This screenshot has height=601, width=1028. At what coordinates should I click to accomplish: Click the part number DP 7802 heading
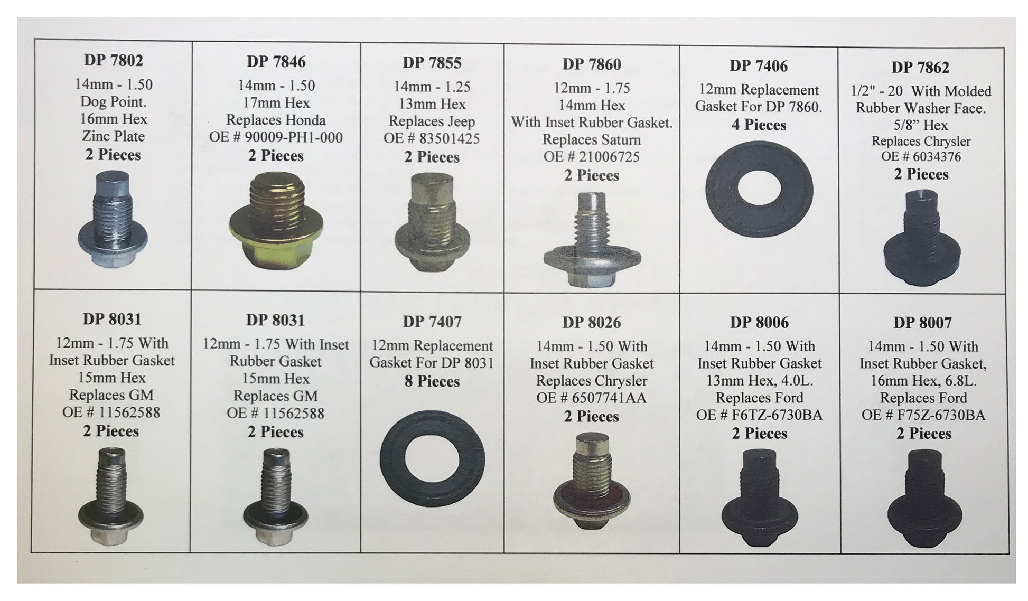(113, 60)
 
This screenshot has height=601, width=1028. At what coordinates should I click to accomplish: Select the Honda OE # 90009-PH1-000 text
(276, 138)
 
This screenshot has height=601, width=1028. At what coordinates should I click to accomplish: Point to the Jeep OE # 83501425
(432, 139)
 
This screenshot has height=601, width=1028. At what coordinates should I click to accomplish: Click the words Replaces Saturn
(591, 140)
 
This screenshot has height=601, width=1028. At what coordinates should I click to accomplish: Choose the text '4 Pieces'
(759, 125)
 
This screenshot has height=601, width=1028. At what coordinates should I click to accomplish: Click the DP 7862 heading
(920, 68)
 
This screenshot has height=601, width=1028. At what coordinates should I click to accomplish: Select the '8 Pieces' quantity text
(432, 381)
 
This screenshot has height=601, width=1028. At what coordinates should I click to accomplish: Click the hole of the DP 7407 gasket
(432, 458)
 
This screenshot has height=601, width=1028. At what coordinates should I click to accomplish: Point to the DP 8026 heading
(591, 323)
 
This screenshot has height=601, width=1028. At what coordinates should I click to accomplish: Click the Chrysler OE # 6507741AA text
(591, 398)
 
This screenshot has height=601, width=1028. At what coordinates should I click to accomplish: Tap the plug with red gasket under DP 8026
(591, 483)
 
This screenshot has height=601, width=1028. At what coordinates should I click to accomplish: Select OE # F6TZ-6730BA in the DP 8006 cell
(759, 416)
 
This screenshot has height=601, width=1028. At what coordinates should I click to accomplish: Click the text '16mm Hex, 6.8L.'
(922, 381)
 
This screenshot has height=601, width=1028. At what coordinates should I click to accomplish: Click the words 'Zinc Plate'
(113, 136)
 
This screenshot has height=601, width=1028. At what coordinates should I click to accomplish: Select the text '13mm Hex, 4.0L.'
(759, 381)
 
